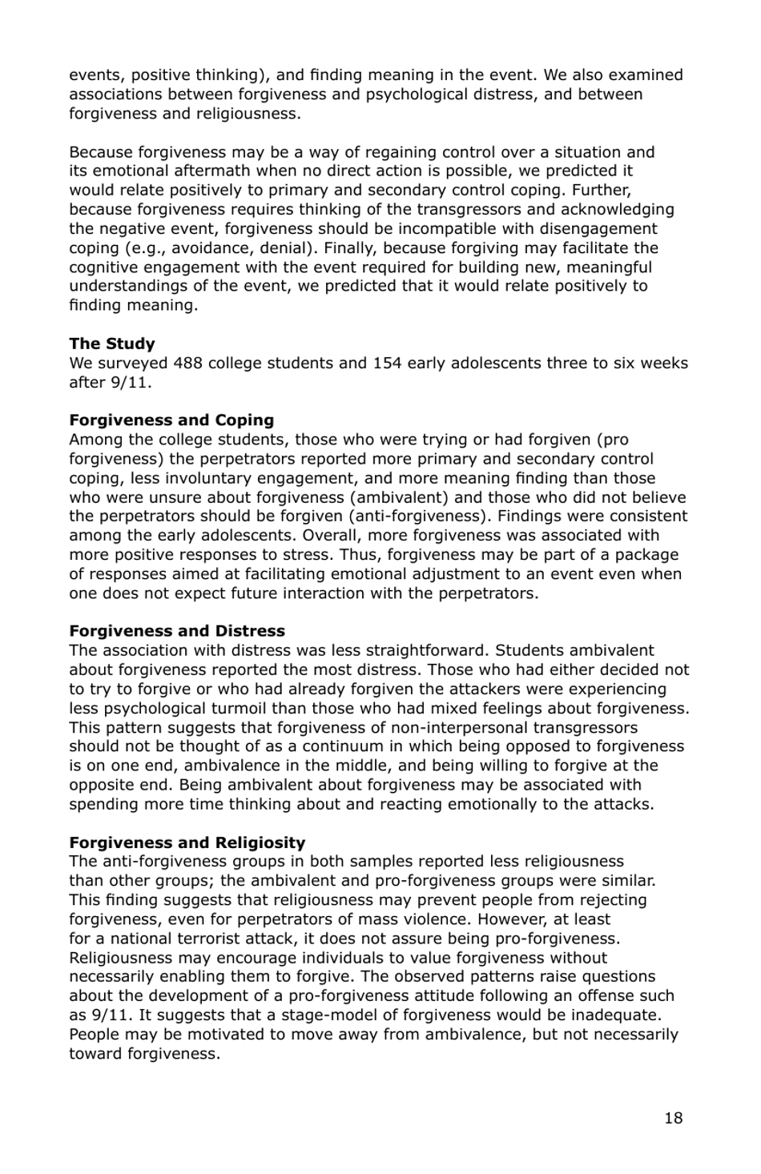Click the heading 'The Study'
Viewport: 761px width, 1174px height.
coord(111,344)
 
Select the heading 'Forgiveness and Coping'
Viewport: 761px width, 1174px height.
coord(171,420)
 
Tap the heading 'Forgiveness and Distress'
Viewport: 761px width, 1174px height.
coord(176,631)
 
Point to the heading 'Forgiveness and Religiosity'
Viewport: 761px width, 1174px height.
coord(187,842)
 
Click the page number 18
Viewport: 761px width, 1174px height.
coord(673,1118)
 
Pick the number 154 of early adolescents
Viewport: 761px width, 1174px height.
coord(387,363)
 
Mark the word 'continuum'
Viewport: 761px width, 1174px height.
coord(342,746)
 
